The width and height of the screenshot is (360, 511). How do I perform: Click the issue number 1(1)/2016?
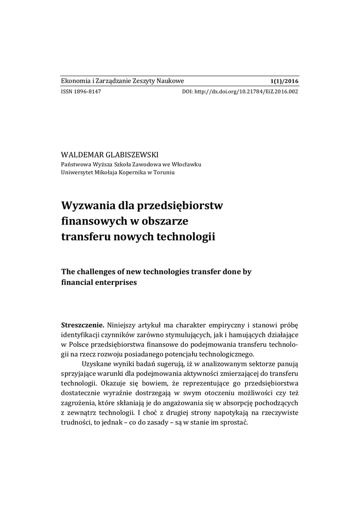point(284,81)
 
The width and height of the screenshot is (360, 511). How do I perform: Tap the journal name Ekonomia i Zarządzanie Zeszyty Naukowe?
point(122,81)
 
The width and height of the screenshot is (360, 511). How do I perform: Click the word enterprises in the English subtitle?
point(113,282)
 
